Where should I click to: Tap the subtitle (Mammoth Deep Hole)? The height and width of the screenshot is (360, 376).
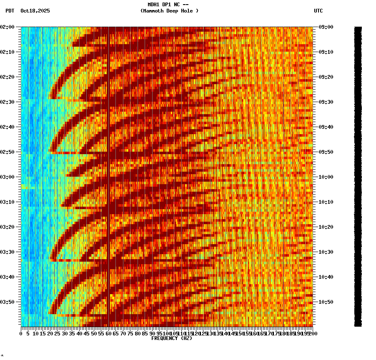point(169,11)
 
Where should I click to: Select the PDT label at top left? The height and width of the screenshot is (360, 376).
point(10,11)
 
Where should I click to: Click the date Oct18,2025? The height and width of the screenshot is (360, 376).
point(35,11)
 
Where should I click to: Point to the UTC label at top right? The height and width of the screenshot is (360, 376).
point(318,11)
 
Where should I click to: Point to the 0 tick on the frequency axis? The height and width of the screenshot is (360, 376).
point(21,334)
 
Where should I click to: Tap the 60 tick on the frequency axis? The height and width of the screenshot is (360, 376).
point(108,334)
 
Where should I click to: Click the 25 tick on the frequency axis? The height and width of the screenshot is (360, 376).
point(58,334)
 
